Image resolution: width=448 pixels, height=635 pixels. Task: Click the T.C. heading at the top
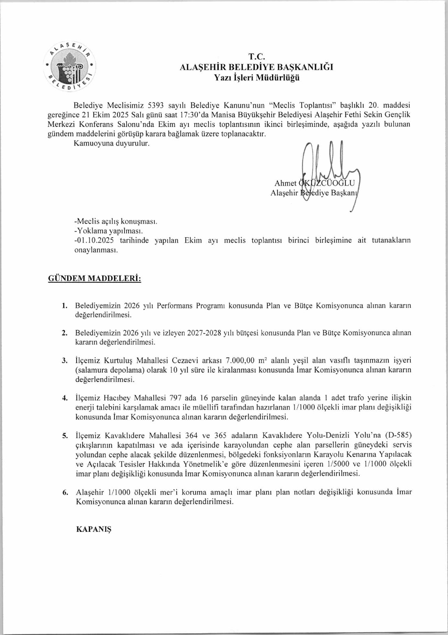[257, 57]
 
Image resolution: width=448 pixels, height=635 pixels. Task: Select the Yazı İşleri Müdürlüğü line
[257, 77]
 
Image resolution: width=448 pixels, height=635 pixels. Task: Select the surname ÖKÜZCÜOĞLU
[327, 183]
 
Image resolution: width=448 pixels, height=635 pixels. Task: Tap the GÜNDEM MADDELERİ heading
[94, 279]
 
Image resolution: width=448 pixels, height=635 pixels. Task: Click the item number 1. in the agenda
[64, 305]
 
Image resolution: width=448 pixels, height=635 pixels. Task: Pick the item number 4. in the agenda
[64, 398]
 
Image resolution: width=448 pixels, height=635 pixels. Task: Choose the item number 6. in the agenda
[65, 492]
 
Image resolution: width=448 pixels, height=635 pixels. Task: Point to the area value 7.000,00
[240, 360]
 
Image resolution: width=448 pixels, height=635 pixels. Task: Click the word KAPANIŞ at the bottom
[94, 529]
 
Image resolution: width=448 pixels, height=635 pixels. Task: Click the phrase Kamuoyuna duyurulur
[112, 144]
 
